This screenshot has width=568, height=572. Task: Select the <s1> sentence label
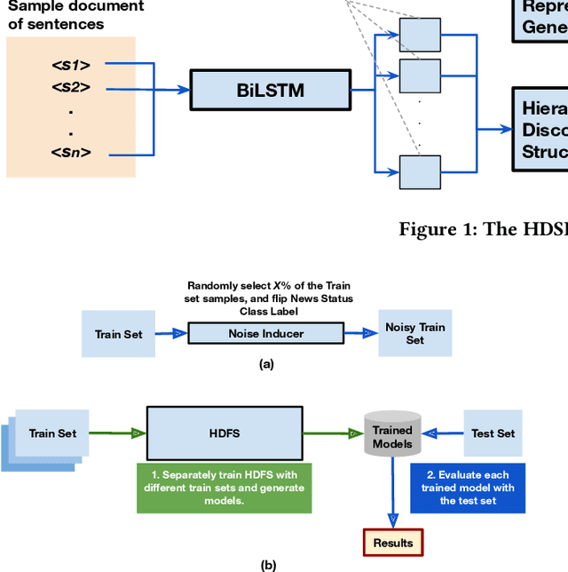tap(72, 65)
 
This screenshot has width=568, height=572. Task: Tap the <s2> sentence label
tap(72, 88)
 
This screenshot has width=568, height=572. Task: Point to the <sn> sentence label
tap(72, 153)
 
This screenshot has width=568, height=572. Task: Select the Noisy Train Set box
tap(415, 333)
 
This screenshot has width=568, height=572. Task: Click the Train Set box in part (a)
tap(120, 334)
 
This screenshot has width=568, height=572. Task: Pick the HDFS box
tap(224, 433)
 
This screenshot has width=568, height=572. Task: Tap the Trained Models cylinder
tap(392, 435)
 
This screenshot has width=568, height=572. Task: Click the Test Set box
tap(493, 433)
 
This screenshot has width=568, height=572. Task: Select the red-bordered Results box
tap(392, 542)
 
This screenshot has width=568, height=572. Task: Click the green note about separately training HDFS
tap(224, 488)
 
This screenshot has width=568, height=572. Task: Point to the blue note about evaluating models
tap(468, 488)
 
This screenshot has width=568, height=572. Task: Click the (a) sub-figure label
tap(265, 364)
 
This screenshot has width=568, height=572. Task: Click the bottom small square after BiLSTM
tap(420, 171)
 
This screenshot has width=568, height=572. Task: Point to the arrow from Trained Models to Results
tap(392, 493)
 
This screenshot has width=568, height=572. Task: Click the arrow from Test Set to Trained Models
tap(444, 434)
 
